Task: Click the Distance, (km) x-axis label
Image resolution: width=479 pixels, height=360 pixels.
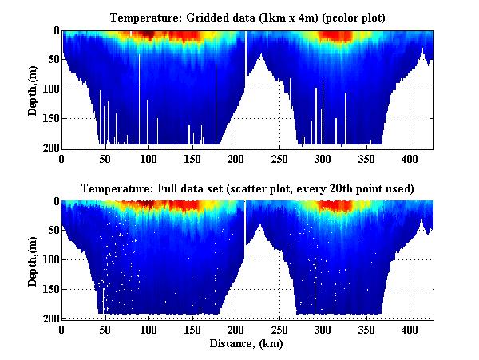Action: (247, 344)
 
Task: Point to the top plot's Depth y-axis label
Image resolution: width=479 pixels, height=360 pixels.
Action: (33, 89)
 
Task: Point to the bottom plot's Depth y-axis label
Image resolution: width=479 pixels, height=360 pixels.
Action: (33, 260)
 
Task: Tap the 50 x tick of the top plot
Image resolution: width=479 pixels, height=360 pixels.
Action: (105, 158)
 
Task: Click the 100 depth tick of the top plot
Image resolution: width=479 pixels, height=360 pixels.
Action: (50, 89)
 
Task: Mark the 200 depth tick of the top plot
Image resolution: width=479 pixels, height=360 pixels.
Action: (50, 148)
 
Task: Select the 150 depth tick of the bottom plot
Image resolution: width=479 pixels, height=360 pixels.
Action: (50, 289)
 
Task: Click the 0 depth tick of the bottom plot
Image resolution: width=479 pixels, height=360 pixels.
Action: (55, 201)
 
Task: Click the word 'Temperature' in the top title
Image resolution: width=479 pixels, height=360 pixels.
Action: (141, 18)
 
